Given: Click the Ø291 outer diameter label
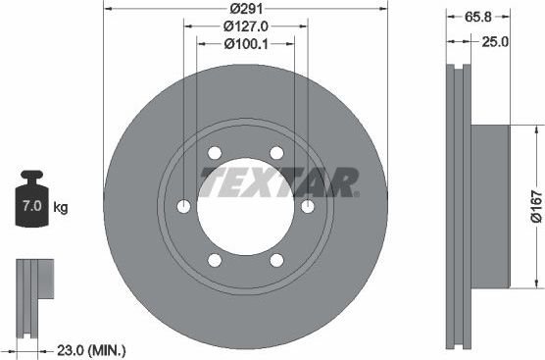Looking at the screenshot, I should (x=245, y=9).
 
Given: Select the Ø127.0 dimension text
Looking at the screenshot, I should (x=245, y=26).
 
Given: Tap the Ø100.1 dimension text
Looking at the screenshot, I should (x=245, y=44).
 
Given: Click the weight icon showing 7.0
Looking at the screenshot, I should (x=33, y=207).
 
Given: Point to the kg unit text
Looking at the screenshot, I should (x=60, y=208).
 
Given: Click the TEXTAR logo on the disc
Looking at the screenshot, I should (x=278, y=181).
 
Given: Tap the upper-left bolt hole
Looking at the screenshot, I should (x=214, y=153).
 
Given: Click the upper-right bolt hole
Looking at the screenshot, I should (x=276, y=153).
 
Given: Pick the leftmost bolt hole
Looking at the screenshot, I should (x=183, y=207).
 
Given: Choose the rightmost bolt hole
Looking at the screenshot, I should (x=307, y=207).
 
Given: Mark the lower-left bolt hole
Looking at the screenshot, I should (x=214, y=260).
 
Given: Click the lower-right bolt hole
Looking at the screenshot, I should (x=276, y=260).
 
